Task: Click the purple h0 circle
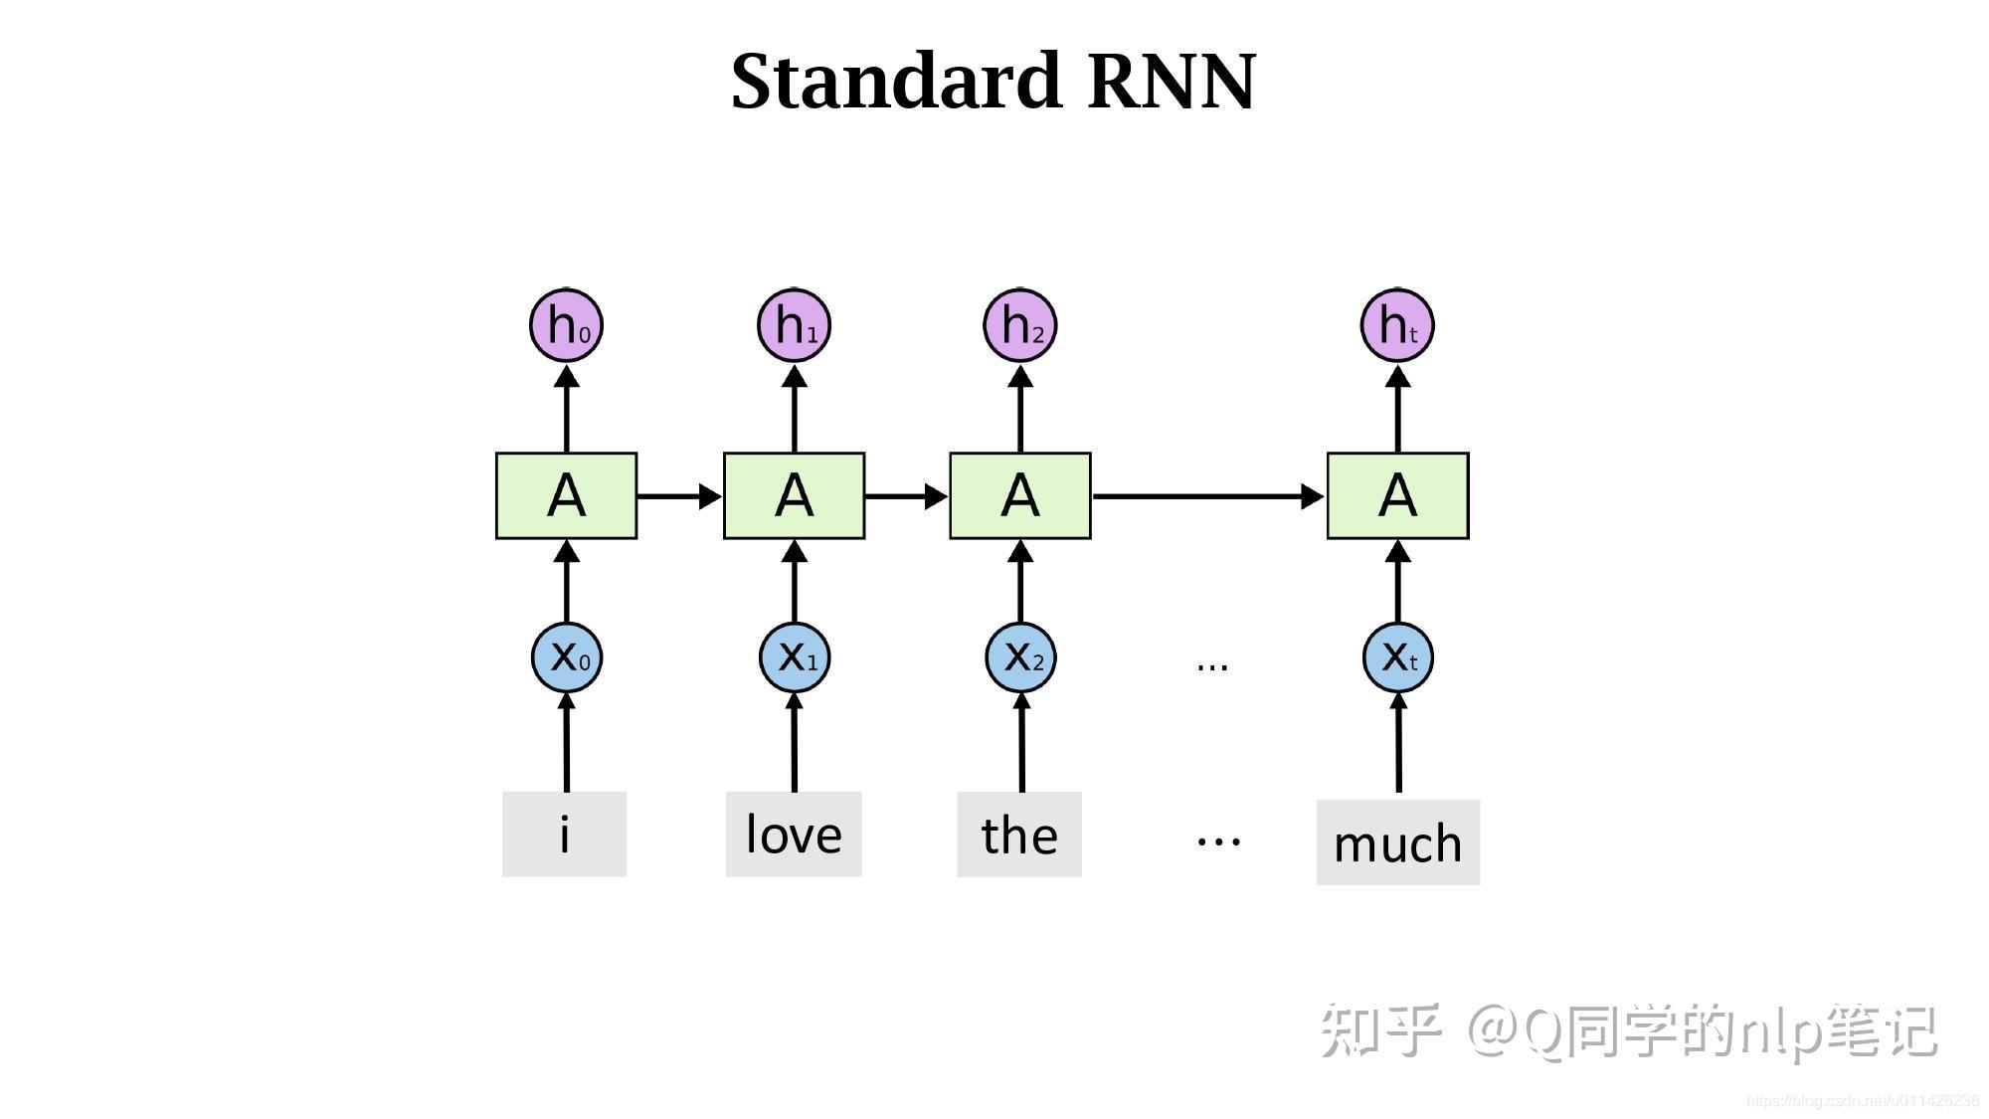566,325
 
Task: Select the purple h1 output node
794,325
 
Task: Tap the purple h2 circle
1020,325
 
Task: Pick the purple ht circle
1397,325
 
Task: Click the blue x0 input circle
567,656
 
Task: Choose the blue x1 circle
795,656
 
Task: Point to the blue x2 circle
1020,656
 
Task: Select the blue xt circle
1397,656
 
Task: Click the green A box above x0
566,495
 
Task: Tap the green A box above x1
794,495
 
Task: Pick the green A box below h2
1020,495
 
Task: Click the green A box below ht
1397,495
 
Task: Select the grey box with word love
794,835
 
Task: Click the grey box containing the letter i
564,835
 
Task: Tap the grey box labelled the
1019,835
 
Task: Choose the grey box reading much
1397,842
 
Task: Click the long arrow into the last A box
1208,495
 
